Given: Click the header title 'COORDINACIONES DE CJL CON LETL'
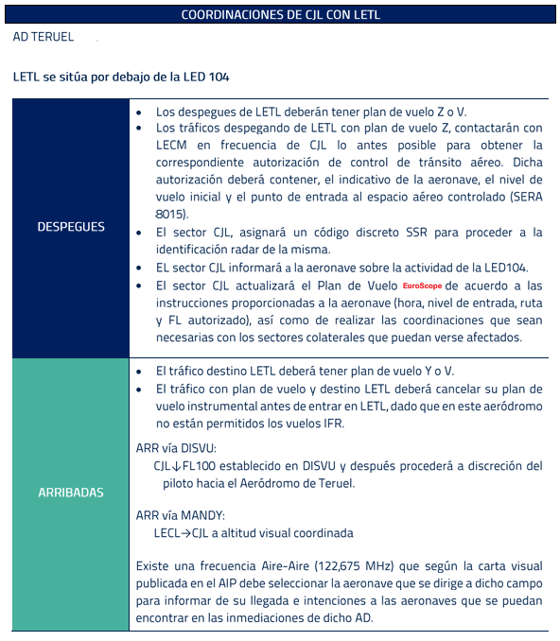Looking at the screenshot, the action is pyautogui.click(x=280, y=14).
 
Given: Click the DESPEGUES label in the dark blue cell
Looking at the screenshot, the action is pyautogui.click(x=71, y=227).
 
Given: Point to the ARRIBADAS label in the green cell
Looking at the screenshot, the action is pyautogui.click(x=71, y=493).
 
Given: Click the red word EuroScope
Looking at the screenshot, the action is pyautogui.click(x=421, y=285).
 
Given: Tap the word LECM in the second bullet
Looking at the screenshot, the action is pyautogui.click(x=173, y=145).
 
